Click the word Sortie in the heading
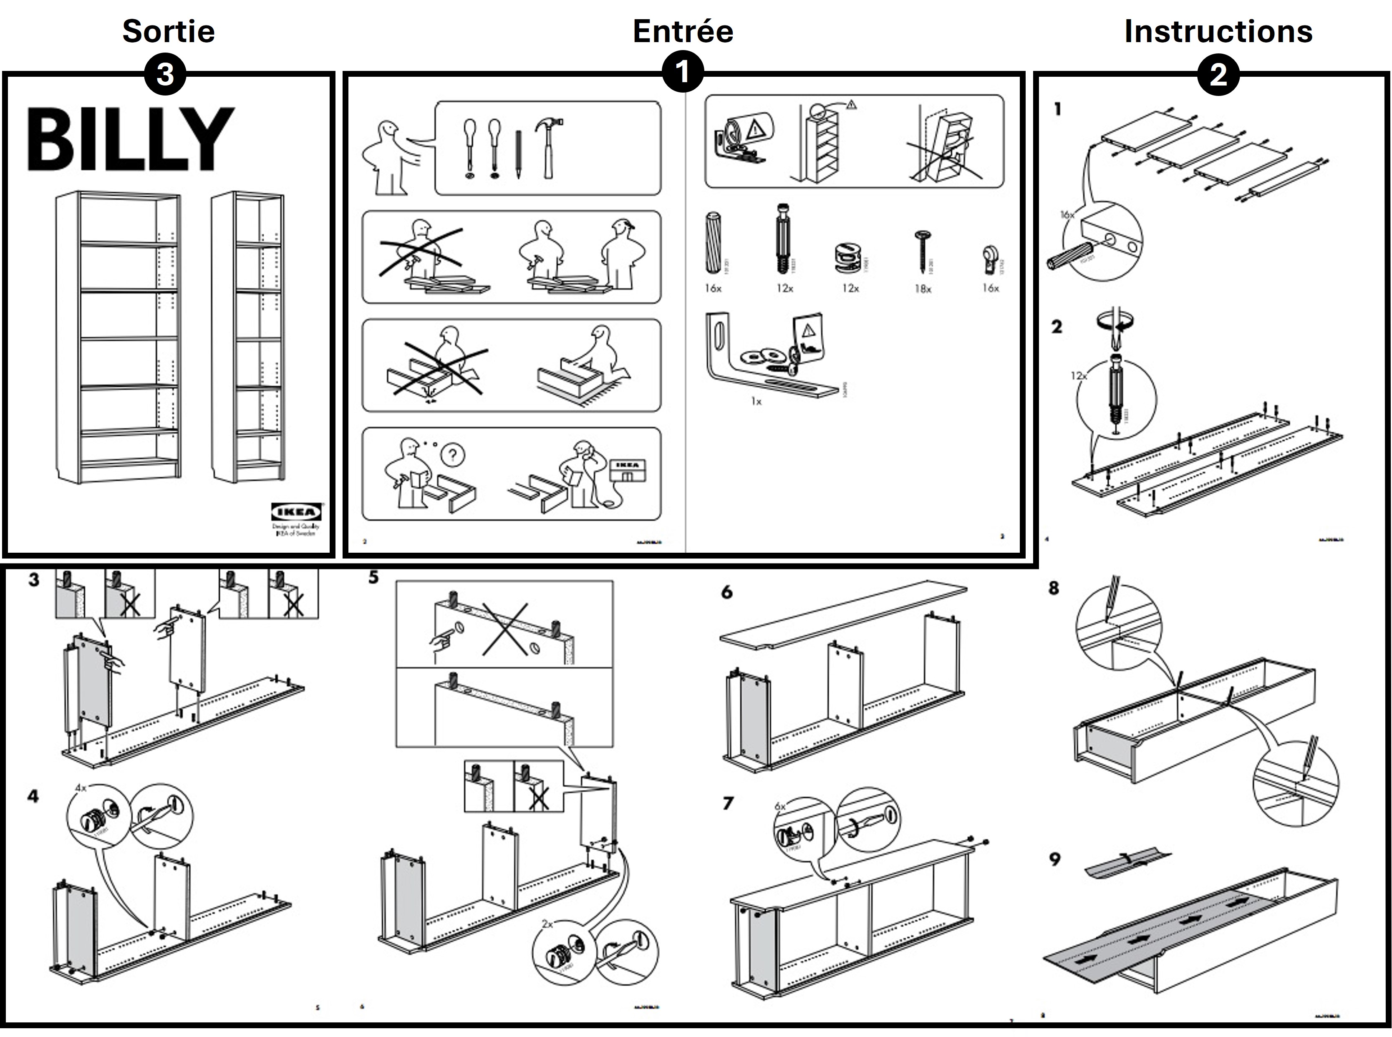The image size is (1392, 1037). [x=168, y=31]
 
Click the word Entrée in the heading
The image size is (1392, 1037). [x=683, y=31]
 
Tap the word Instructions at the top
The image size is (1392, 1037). [x=1218, y=31]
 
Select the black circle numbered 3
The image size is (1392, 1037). [x=164, y=75]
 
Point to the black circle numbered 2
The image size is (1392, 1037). [x=1218, y=75]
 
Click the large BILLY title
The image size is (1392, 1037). [x=130, y=139]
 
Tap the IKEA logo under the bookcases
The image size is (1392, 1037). [x=296, y=512]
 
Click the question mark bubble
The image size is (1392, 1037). [x=453, y=455]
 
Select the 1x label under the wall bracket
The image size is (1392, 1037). [x=756, y=402]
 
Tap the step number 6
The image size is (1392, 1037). [x=727, y=592]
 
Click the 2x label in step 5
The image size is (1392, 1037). [x=547, y=924]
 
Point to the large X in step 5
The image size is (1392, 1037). [x=505, y=629]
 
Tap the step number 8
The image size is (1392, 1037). [x=1054, y=588]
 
